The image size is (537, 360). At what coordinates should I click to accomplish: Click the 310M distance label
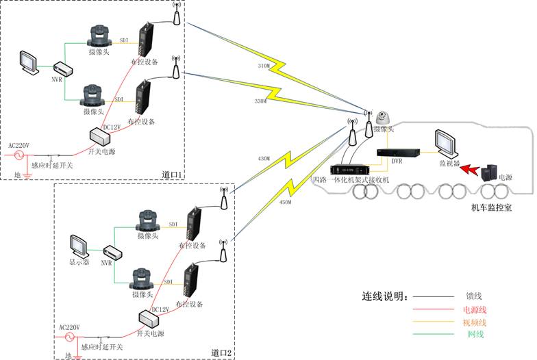pyautogui.click(x=253, y=66)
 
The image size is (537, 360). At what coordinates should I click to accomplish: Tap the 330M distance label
pyautogui.click(x=260, y=101)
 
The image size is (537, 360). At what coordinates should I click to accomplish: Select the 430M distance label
pyautogui.click(x=264, y=159)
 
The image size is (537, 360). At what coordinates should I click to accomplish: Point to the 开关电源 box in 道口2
pyautogui.click(x=149, y=320)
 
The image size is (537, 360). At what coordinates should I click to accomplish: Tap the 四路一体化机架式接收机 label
pyautogui.click(x=350, y=179)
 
